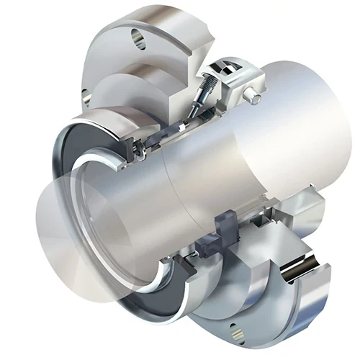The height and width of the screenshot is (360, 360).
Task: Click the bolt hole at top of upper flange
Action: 138,36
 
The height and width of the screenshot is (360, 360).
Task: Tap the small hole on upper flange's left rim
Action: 86,92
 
